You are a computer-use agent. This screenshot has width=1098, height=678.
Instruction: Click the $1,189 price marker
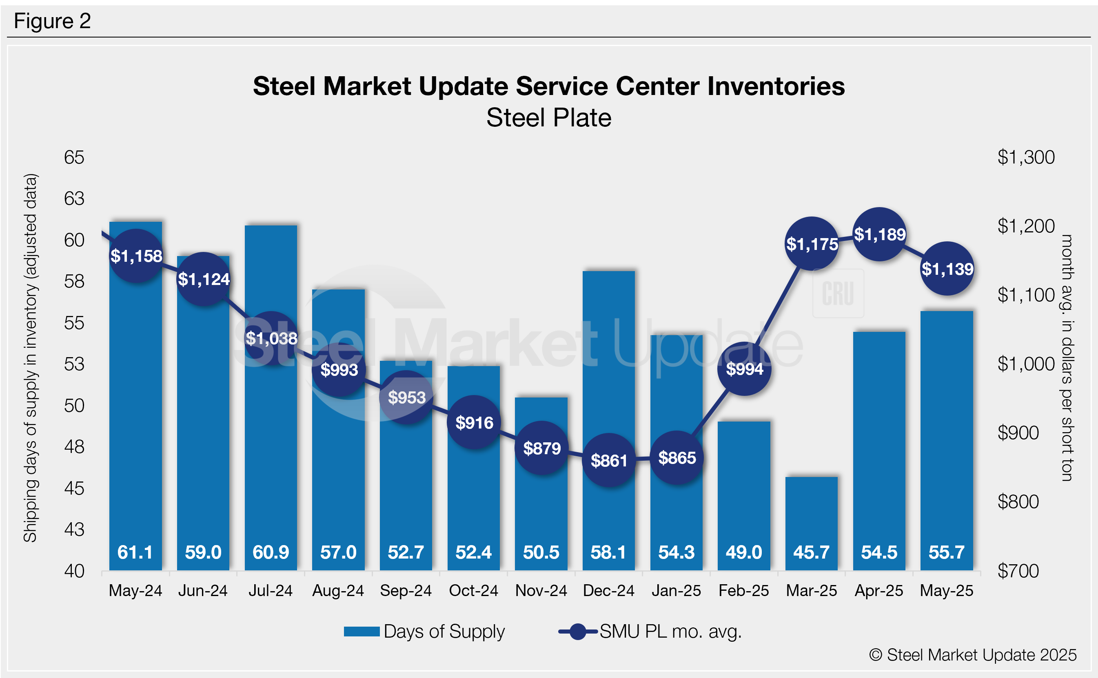click(879, 234)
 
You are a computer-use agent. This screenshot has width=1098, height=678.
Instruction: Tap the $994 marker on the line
click(744, 369)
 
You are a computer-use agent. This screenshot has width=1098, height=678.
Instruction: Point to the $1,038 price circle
click(271, 338)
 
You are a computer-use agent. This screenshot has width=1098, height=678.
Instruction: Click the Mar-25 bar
click(811, 516)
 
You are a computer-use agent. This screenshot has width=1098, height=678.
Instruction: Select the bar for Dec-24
click(608, 404)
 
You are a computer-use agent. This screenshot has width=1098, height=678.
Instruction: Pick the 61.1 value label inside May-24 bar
click(135, 552)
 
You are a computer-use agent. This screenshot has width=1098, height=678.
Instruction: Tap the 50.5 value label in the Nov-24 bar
click(541, 552)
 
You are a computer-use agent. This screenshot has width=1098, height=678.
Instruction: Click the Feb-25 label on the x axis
click(743, 591)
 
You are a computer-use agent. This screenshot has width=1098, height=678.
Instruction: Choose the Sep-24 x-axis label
click(406, 591)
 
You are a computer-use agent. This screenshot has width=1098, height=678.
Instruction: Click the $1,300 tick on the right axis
click(1026, 157)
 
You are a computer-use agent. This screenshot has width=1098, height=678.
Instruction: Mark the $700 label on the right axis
click(1018, 571)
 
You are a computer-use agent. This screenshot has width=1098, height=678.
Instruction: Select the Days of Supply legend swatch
click(362, 632)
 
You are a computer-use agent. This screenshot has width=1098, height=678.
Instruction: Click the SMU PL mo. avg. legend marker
click(578, 632)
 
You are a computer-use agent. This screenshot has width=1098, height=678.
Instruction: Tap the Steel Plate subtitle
click(549, 118)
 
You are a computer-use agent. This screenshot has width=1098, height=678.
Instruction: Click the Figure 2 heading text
click(53, 21)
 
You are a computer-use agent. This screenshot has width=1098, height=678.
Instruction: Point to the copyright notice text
click(972, 655)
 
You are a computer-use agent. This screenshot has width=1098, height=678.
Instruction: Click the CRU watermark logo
click(838, 294)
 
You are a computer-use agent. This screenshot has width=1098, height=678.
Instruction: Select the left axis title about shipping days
click(31, 358)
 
